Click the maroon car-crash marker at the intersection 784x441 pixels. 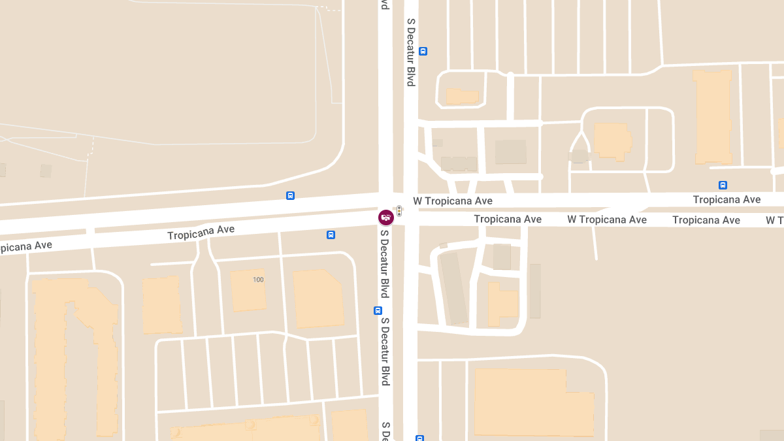(386, 217)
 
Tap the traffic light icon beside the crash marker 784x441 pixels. (399, 211)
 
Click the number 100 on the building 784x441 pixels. (258, 280)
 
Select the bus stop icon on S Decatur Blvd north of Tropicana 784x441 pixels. (423, 51)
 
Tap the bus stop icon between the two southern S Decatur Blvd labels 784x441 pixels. (378, 311)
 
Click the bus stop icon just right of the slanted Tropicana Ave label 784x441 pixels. (331, 235)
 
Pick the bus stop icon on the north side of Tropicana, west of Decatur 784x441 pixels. (290, 195)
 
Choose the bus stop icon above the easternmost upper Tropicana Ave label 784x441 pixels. (723, 185)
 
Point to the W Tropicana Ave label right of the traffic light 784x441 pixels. (453, 201)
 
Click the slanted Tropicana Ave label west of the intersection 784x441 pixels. (201, 233)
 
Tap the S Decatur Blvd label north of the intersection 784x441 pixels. (411, 52)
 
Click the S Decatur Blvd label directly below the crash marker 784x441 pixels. (385, 263)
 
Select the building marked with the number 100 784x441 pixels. (248, 289)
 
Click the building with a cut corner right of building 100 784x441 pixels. (318, 299)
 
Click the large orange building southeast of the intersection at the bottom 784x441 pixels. (532, 401)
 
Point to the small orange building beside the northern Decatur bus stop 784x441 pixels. (463, 96)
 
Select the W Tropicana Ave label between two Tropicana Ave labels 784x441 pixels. (607, 220)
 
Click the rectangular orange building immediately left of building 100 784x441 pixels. (161, 304)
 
